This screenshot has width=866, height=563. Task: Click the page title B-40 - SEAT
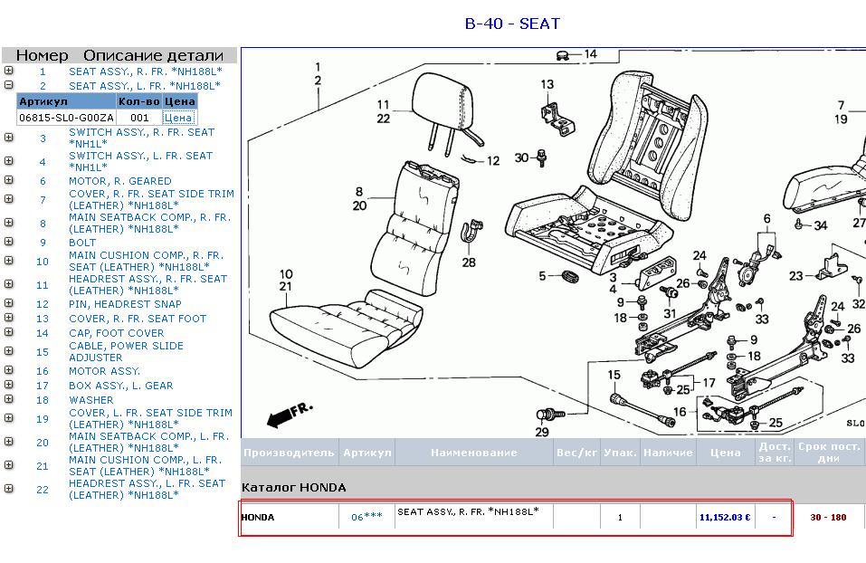point(512,24)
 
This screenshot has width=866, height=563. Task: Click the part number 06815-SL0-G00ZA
point(66,118)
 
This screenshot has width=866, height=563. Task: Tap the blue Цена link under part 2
point(178,118)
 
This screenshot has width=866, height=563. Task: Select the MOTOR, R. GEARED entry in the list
point(119,181)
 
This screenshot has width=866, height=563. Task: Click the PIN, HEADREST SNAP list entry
point(125,304)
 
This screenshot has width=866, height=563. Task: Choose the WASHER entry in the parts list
point(91,400)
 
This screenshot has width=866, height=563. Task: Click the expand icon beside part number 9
point(8,242)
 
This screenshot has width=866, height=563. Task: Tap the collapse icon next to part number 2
point(8,85)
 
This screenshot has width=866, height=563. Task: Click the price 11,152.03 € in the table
point(725,518)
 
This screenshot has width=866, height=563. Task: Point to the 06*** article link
point(366,517)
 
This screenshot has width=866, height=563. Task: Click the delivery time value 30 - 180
point(828,518)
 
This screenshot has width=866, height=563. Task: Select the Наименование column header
point(474,453)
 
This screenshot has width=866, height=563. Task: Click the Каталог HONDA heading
point(293,487)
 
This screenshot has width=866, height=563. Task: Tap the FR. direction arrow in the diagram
point(287,415)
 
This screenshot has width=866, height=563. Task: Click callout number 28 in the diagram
point(469,262)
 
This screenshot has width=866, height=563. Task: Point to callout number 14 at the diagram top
point(590,54)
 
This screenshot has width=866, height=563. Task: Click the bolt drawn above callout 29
point(551,414)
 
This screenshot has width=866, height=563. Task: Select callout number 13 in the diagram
point(547,84)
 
